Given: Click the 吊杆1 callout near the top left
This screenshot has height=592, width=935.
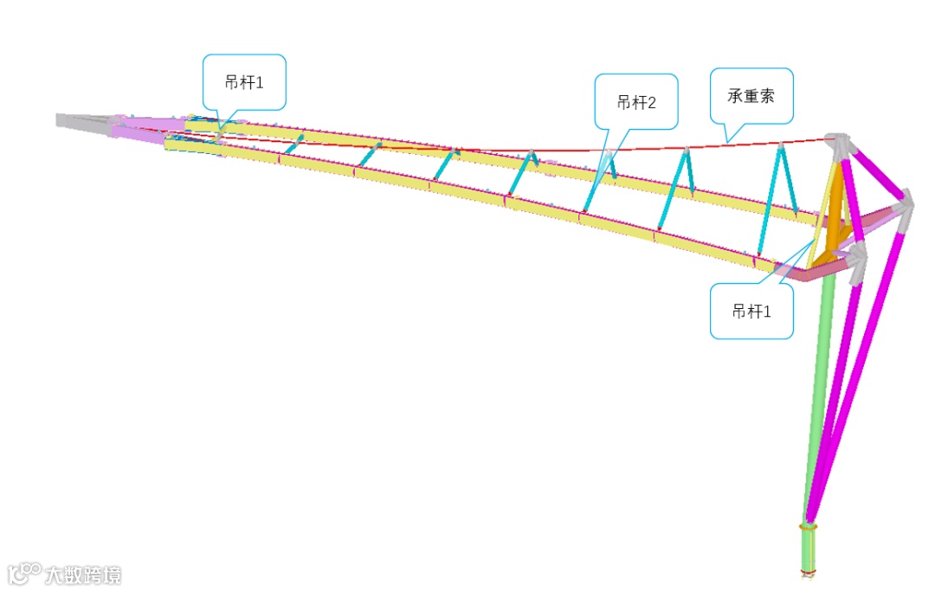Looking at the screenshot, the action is pos(243,82).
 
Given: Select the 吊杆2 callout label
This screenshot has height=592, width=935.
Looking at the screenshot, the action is pos(636,102).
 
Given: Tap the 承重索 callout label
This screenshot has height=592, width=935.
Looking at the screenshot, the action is pos(750,95).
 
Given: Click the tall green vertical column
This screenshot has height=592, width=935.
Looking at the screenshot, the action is pos(819,389).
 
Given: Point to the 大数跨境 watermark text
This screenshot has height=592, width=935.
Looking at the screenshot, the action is pos(84,575).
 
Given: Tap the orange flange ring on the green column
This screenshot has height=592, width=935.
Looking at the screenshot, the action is pos(808,525).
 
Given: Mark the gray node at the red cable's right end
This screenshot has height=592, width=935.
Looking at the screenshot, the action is pos(836,142).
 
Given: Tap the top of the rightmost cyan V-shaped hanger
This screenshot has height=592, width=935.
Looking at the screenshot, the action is pos(781,147).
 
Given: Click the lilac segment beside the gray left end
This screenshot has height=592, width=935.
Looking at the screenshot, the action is pos(147,127).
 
